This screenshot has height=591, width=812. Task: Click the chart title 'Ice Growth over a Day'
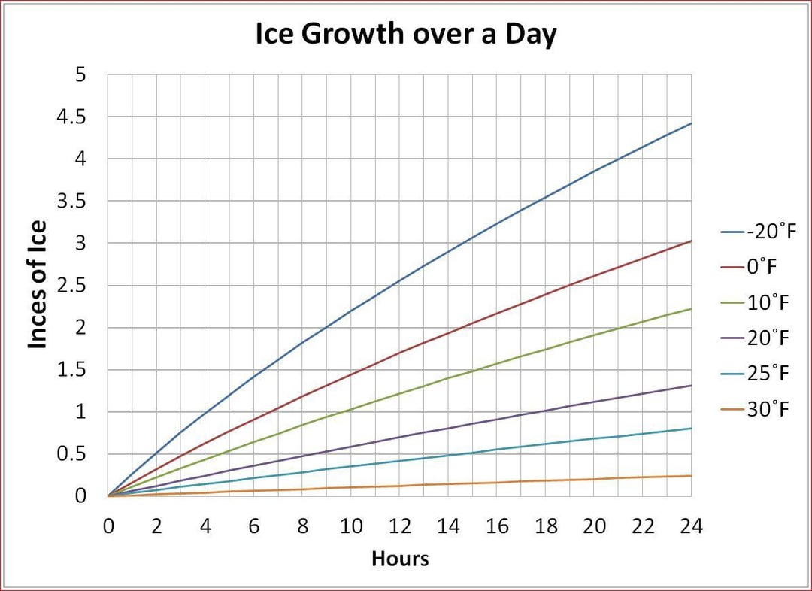point(406,35)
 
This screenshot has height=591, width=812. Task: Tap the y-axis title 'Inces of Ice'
point(37,284)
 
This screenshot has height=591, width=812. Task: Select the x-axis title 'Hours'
point(400,559)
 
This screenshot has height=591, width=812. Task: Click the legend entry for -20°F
point(767,232)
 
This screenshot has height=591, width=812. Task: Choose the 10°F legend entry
point(767,303)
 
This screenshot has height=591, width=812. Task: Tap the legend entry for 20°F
point(767,338)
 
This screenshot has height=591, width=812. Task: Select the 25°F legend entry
point(767,374)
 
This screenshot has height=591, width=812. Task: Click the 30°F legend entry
point(767,410)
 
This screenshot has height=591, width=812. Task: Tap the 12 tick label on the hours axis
point(400,526)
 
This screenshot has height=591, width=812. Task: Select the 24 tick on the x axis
point(691,526)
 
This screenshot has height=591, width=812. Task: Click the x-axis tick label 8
point(302,526)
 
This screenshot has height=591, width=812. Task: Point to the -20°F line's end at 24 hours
point(691,123)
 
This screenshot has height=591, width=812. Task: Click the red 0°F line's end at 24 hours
point(691,241)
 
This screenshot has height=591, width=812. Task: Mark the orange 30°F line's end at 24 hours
point(691,476)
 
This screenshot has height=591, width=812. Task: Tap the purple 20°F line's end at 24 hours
point(691,386)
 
